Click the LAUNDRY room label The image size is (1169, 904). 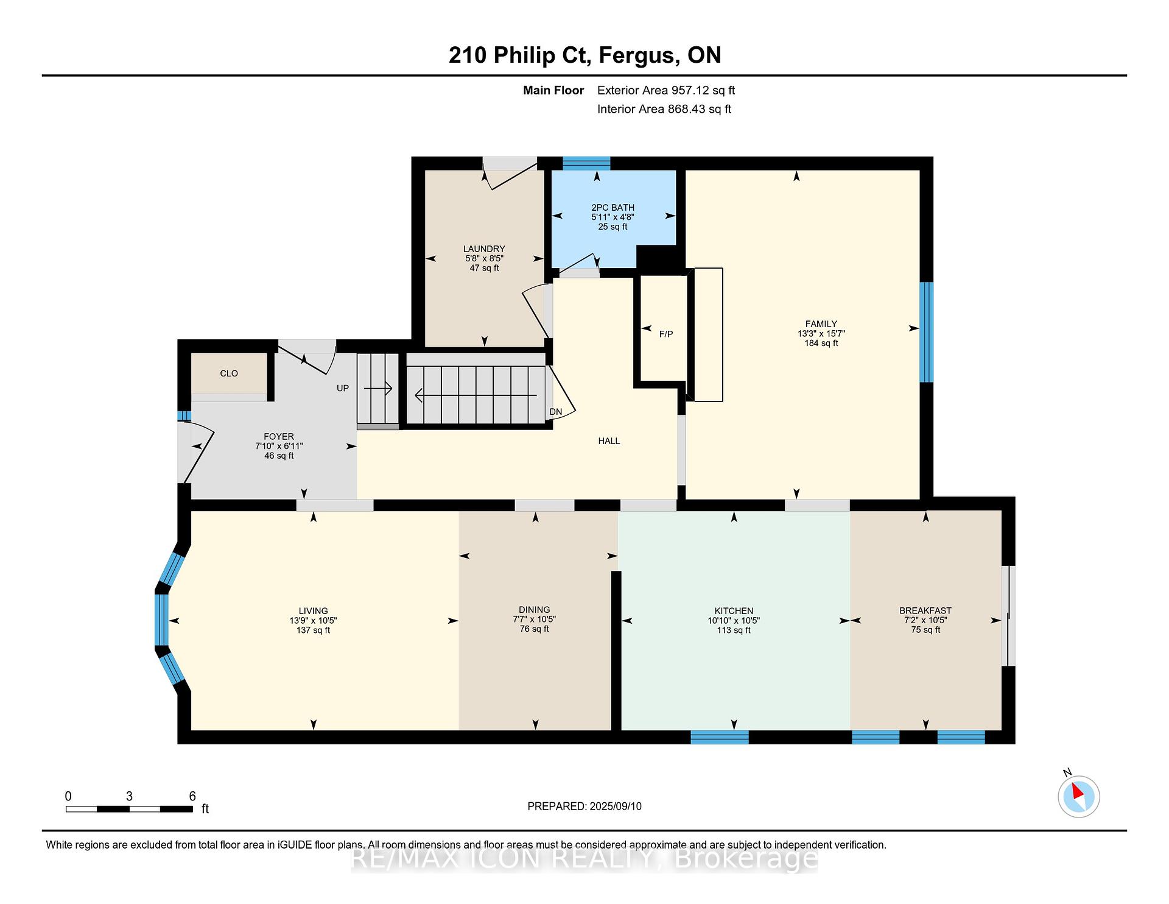point(484,249)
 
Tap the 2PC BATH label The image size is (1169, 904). point(613,208)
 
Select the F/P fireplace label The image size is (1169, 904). point(666,334)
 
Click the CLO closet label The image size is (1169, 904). point(229,373)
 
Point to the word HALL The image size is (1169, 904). point(609,441)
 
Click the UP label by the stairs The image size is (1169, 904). point(343,388)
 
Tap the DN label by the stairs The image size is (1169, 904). point(556,412)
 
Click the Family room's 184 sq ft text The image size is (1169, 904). point(821,343)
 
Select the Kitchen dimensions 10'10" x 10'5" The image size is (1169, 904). point(734,621)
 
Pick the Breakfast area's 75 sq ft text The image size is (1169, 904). point(925,630)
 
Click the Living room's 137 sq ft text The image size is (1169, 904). point(313,630)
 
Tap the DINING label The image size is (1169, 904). point(535,610)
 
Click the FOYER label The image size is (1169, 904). point(279,437)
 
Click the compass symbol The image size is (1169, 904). point(1079,796)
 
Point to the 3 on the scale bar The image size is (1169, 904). point(129,796)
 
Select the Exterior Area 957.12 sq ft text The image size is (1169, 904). point(666,90)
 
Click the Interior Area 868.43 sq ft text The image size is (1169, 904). point(664,109)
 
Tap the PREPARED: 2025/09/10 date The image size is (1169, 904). point(584,807)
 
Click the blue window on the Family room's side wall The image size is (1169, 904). point(926,332)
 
